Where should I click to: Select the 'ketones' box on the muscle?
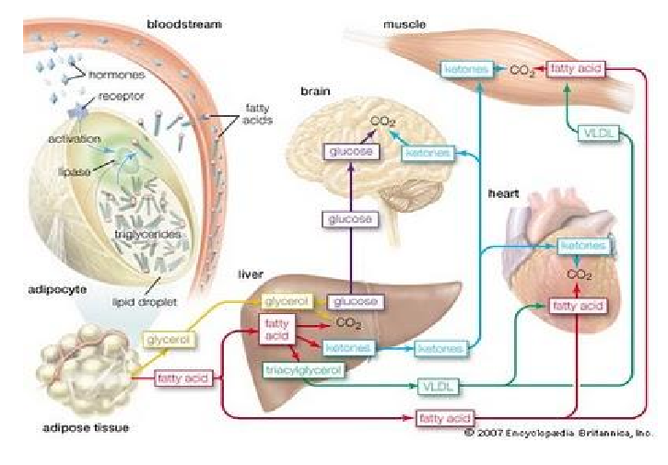[x=466, y=69]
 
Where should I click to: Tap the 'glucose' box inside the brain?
[x=350, y=152]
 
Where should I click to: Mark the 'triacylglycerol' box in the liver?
[x=301, y=370]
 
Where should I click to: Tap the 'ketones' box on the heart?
[x=584, y=246]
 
